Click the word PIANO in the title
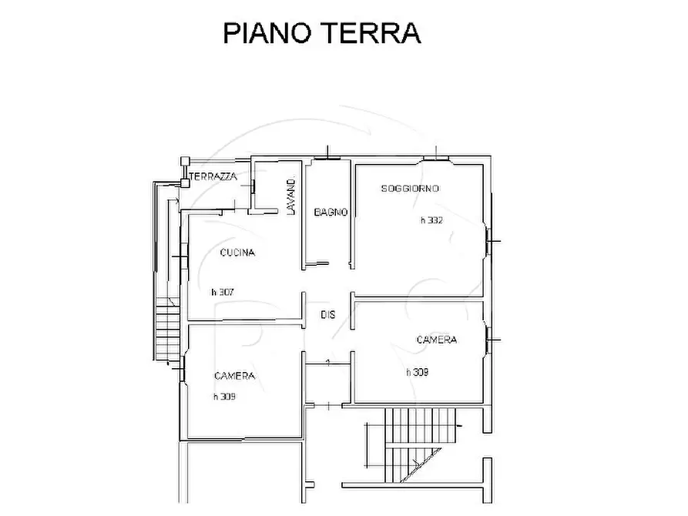pos(267,33)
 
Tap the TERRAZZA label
pos(213,177)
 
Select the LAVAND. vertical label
pos(291,196)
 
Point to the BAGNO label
pos(331,213)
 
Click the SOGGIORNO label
pos(410,189)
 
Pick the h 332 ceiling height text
pos(431,220)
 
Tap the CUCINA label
pos(237,253)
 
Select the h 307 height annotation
pos(223,292)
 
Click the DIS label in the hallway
pos(327,314)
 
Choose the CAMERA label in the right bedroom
pos(437,340)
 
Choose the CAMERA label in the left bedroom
pos(234,376)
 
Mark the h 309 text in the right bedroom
pos(418,373)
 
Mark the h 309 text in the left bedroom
pos(224,397)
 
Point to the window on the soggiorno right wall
pos(488,242)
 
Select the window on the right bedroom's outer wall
pos(488,340)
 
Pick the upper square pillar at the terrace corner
pos(185,161)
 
